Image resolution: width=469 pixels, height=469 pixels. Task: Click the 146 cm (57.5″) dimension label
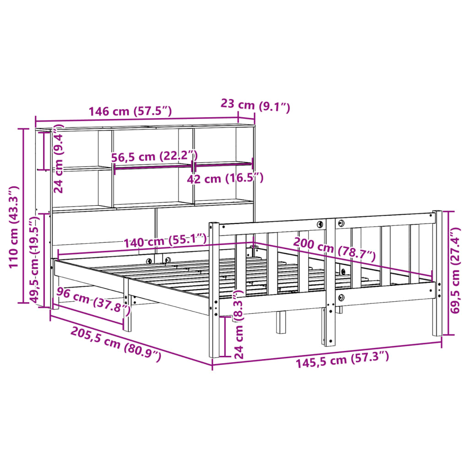[x=130, y=111]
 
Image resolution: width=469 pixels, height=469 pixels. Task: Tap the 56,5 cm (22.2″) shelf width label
[x=154, y=156]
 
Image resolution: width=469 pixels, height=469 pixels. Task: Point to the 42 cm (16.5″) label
[x=225, y=178]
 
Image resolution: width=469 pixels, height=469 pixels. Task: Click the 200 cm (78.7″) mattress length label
[x=334, y=248]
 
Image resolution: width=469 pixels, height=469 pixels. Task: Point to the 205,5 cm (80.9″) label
[x=115, y=344]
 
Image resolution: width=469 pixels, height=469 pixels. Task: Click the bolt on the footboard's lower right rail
[x=340, y=298]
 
